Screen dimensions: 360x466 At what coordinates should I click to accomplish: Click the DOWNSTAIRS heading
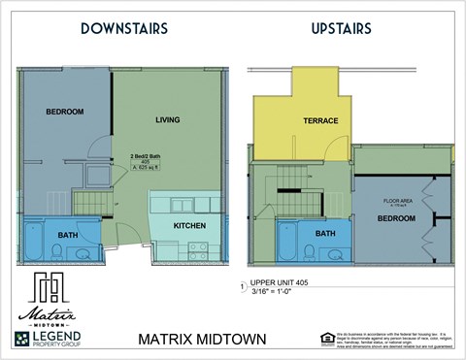[124, 29]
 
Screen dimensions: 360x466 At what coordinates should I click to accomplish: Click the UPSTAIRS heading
[341, 29]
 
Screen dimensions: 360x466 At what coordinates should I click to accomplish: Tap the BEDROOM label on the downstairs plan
[64, 112]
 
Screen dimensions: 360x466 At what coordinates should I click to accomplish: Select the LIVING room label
[168, 119]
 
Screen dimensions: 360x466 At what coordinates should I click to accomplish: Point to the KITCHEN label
[188, 225]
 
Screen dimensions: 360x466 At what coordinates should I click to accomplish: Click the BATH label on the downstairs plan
[68, 235]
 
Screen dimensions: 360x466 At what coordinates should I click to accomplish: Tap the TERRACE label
[319, 121]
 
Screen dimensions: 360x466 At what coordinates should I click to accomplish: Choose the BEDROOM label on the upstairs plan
[396, 218]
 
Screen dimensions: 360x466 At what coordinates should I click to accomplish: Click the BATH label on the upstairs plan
[324, 233]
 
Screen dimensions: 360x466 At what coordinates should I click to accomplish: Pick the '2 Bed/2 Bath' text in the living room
[148, 155]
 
